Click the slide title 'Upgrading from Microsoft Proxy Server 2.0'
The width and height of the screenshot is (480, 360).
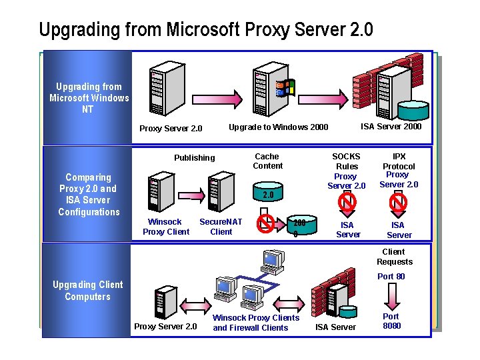coord(205,30)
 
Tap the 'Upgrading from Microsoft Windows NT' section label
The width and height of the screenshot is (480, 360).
coord(89,98)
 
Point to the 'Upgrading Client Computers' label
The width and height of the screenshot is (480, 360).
coord(88,291)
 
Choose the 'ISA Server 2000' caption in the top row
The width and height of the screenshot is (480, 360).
coord(391,127)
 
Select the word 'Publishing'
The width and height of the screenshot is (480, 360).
coord(195,158)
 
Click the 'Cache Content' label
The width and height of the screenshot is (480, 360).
coord(268,161)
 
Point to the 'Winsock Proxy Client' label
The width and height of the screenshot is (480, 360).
coord(166,227)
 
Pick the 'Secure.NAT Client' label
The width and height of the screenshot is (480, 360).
coord(221,227)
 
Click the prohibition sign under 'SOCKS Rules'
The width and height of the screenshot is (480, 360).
coord(347,201)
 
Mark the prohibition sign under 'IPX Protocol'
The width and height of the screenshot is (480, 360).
coord(399,201)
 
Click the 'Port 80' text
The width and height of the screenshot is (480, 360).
coord(391,277)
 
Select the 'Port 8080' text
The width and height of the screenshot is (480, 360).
coord(391,321)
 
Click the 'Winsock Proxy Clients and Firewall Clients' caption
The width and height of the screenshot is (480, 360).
coord(255,323)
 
